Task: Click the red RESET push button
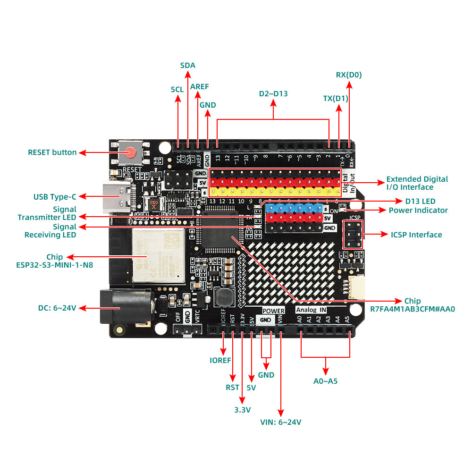131,152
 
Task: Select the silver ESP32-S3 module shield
158,255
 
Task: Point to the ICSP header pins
353,235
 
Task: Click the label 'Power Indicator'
418,210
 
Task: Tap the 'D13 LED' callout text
420,202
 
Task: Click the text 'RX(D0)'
349,75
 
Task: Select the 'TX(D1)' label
336,98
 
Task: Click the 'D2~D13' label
273,93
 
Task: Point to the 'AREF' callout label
199,86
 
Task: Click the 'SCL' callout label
177,89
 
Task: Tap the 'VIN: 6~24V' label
281,422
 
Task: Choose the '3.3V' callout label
242,410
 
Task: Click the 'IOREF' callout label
220,360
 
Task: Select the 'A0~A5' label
326,380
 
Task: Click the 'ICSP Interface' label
416,235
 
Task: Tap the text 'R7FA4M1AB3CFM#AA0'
413,310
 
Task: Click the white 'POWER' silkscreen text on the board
273,311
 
